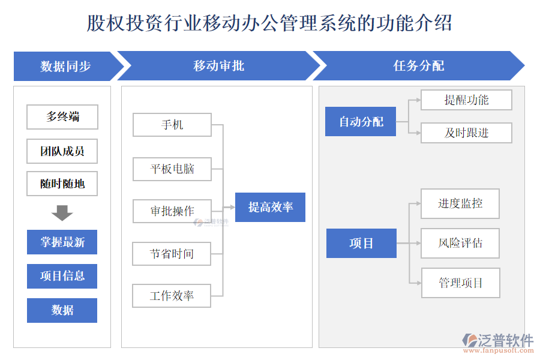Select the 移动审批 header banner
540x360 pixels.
[x=218, y=66]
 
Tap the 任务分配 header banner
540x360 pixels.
[x=418, y=66]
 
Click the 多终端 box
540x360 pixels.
[x=62, y=117]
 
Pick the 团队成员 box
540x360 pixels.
[x=62, y=151]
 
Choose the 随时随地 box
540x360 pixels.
[x=62, y=184]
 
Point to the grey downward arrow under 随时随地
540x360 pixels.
[x=62, y=212]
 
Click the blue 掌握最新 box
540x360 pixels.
[x=62, y=242]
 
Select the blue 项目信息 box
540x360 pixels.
[x=62, y=276]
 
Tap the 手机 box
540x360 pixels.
[x=172, y=125]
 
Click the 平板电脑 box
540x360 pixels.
[x=172, y=169]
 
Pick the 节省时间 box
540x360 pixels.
[x=172, y=254]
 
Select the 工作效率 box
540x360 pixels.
[x=172, y=296]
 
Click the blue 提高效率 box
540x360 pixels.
[x=270, y=208]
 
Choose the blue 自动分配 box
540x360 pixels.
[x=361, y=122]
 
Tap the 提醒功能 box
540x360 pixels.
[x=466, y=100]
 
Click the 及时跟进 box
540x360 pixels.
[x=466, y=133]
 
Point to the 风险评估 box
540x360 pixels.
[x=460, y=244]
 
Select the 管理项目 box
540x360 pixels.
[x=460, y=283]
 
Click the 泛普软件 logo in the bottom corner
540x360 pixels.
[x=498, y=341]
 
